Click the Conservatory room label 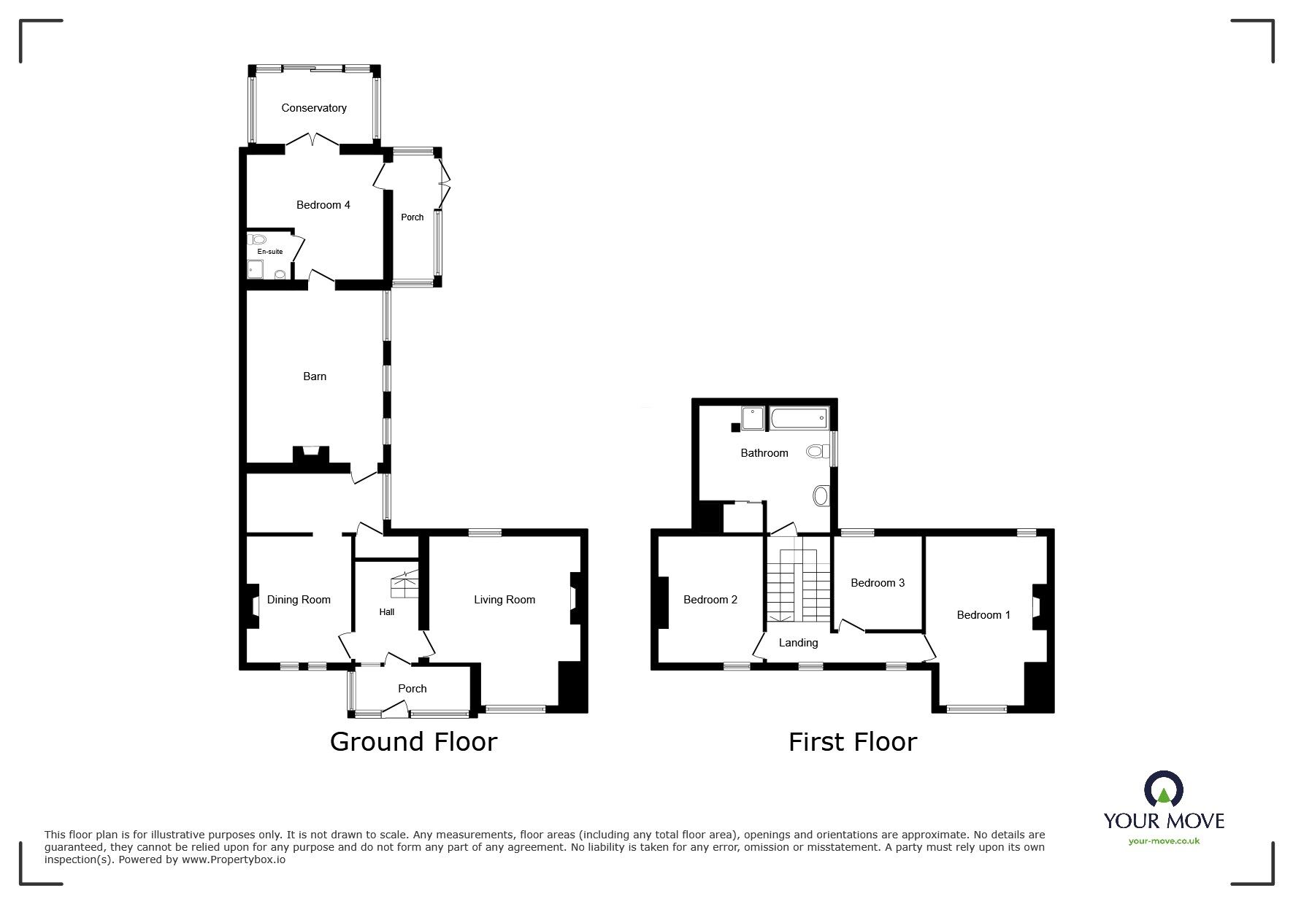[x=314, y=108]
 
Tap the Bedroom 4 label [x=323, y=205]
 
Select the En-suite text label [x=269, y=252]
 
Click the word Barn [x=315, y=376]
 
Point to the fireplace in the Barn [x=312, y=455]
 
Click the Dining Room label [x=299, y=600]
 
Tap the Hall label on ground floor [x=386, y=612]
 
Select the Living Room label [x=504, y=600]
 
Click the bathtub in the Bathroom [x=799, y=419]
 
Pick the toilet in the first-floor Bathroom [x=817, y=452]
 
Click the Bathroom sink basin [x=821, y=496]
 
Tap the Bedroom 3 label [x=878, y=583]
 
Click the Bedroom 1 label [x=983, y=615]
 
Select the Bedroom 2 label [x=710, y=600]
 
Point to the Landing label [x=798, y=643]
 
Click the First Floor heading [x=852, y=742]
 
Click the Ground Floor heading [x=413, y=742]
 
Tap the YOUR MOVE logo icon [x=1164, y=788]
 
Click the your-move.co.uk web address [x=1164, y=841]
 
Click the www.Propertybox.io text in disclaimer [x=234, y=859]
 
